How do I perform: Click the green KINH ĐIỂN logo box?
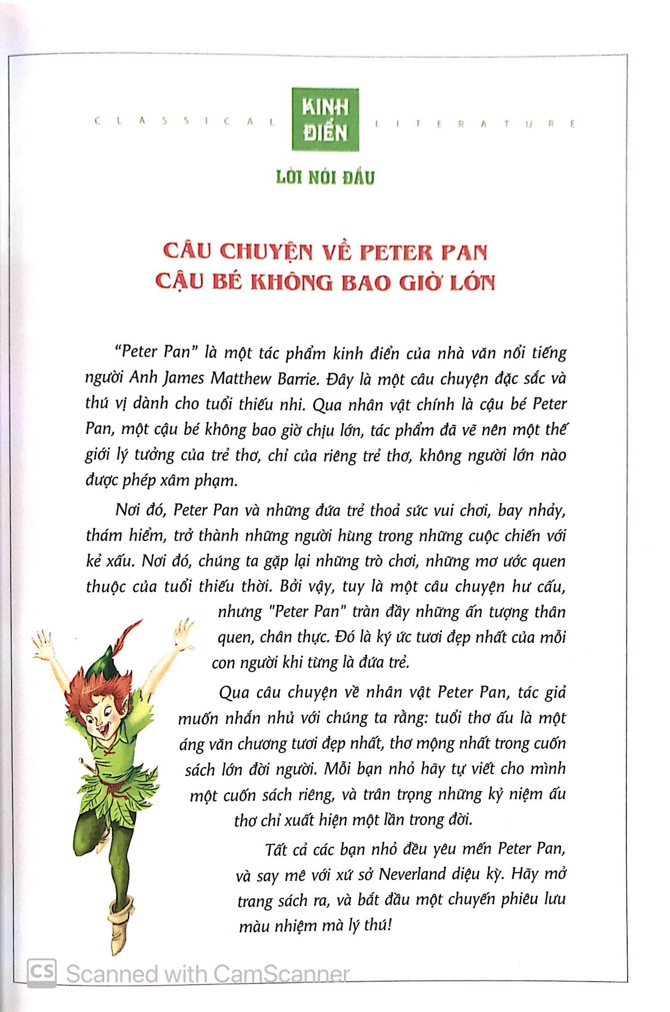click(325, 120)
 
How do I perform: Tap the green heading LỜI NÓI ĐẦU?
click(325, 177)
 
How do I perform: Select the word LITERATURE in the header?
click(475, 124)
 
